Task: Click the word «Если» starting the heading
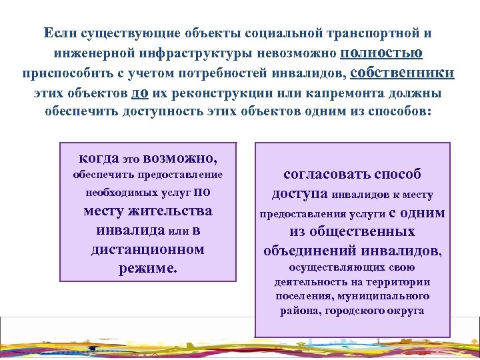coord(58,33)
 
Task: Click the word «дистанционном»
coord(147,249)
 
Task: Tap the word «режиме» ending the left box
coord(147,268)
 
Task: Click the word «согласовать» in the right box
coord(325,174)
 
